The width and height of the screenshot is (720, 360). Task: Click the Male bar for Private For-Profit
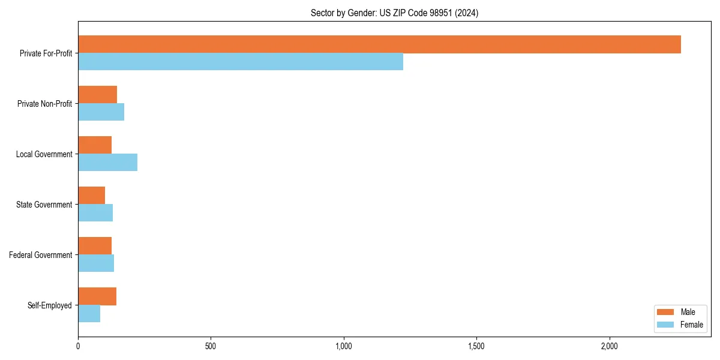[379, 44]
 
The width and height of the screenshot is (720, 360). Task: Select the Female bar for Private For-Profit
[241, 62]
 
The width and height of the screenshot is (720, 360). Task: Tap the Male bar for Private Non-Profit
[97, 95]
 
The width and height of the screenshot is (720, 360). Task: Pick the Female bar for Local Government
[107, 163]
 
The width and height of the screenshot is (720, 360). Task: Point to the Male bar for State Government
[91, 196]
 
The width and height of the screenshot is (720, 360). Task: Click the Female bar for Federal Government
[96, 263]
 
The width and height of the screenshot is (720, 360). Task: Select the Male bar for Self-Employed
[97, 296]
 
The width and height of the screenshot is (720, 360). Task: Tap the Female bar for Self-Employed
[89, 314]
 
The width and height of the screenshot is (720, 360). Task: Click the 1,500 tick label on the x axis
[476, 346]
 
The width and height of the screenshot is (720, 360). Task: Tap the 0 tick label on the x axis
[78, 346]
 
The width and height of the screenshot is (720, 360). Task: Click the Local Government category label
[44, 154]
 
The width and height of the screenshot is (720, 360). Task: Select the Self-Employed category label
[49, 305]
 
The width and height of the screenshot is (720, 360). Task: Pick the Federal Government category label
[40, 255]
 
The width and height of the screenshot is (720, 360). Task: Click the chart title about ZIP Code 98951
[394, 13]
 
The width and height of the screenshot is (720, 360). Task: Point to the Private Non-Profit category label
[44, 104]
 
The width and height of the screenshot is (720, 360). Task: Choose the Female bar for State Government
[95, 213]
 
